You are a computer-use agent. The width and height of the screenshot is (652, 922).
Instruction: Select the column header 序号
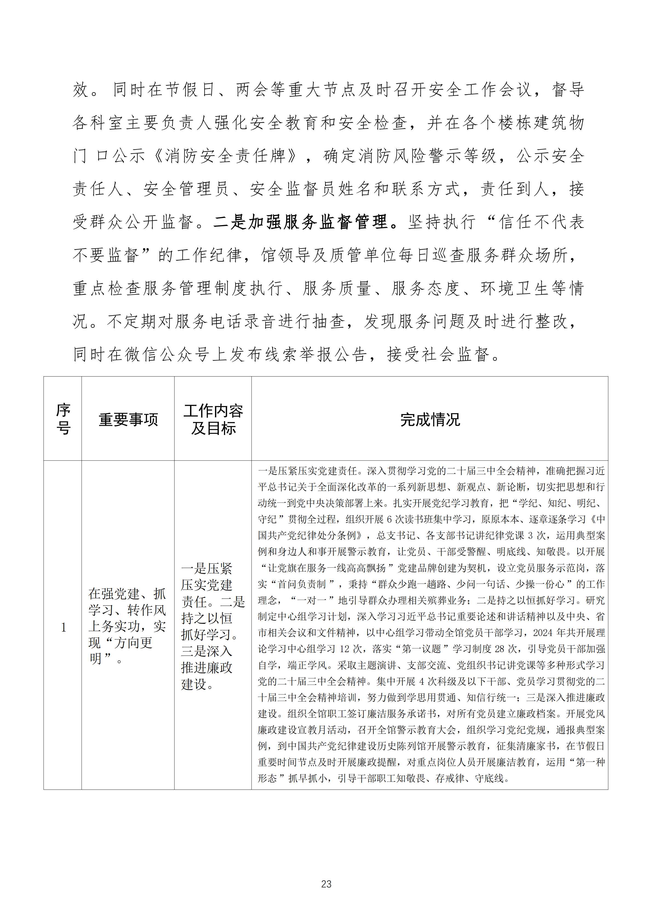(x=63, y=419)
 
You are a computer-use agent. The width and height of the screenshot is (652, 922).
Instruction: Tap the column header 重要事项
(x=128, y=420)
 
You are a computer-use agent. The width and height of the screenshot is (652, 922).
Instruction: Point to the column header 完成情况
(x=430, y=420)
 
